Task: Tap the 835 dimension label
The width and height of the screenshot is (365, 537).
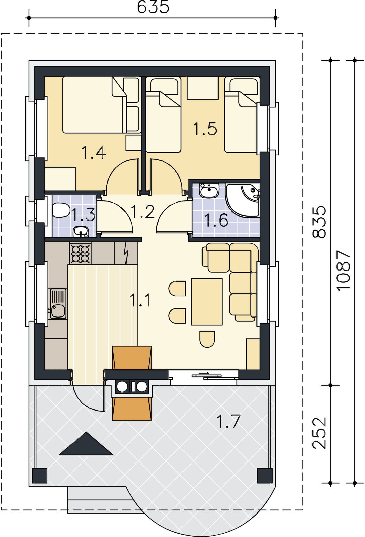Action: tap(319, 222)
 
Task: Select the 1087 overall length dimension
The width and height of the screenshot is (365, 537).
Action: tap(344, 271)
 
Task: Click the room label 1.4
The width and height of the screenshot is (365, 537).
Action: tap(94, 153)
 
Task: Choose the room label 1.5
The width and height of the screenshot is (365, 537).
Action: tap(205, 129)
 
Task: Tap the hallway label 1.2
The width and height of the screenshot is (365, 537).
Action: tap(143, 212)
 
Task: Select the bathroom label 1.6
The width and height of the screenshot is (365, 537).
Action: tap(216, 220)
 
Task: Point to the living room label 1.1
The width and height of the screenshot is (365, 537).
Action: tap(140, 300)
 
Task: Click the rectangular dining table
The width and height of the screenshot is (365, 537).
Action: tap(207, 302)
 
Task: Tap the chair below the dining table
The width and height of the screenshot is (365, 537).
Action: tap(207, 339)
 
